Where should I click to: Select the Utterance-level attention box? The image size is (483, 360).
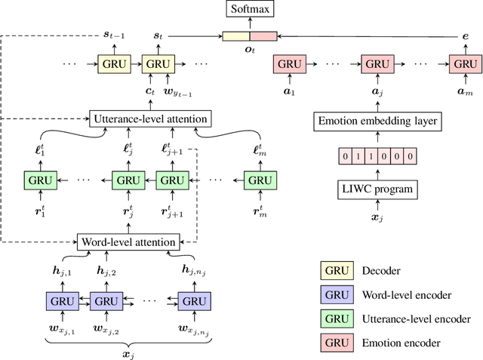149,118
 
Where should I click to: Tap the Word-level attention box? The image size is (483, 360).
128,242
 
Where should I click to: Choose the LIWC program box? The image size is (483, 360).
374,189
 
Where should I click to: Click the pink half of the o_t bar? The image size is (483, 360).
263,35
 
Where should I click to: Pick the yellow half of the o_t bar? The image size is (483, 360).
236,35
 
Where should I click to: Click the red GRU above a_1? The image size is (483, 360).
287,63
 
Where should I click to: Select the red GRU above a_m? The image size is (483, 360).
464,63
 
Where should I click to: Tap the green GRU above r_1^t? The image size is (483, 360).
39,180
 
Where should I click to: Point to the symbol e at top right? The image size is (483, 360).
464,35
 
